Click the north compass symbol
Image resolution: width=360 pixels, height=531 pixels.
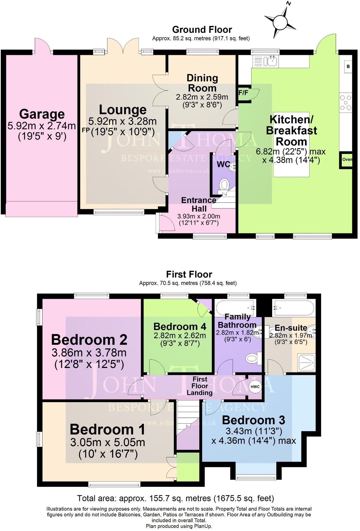click(x=280, y=21)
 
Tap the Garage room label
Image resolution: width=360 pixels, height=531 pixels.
click(x=42, y=114)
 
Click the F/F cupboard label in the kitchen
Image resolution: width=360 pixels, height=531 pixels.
click(x=243, y=93)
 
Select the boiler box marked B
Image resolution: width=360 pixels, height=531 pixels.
click(x=348, y=66)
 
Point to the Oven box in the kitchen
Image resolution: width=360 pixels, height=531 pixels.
click(x=347, y=159)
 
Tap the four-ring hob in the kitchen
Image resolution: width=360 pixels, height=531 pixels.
click(x=346, y=103)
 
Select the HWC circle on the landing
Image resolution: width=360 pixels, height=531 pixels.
click(x=255, y=386)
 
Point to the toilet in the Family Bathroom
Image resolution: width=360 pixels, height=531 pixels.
click(x=252, y=359)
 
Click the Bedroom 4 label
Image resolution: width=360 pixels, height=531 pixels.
click(x=180, y=326)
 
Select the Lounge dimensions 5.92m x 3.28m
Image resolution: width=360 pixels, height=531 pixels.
click(x=122, y=121)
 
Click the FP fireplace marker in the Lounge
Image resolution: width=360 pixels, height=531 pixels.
click(x=86, y=130)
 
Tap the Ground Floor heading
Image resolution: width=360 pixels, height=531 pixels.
click(x=202, y=30)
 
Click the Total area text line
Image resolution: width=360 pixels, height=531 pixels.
click(x=176, y=498)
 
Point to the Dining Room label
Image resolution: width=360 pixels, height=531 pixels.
click(x=202, y=83)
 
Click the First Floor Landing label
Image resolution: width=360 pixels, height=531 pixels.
click(x=200, y=386)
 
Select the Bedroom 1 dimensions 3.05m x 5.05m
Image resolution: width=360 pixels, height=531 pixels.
click(x=108, y=442)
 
